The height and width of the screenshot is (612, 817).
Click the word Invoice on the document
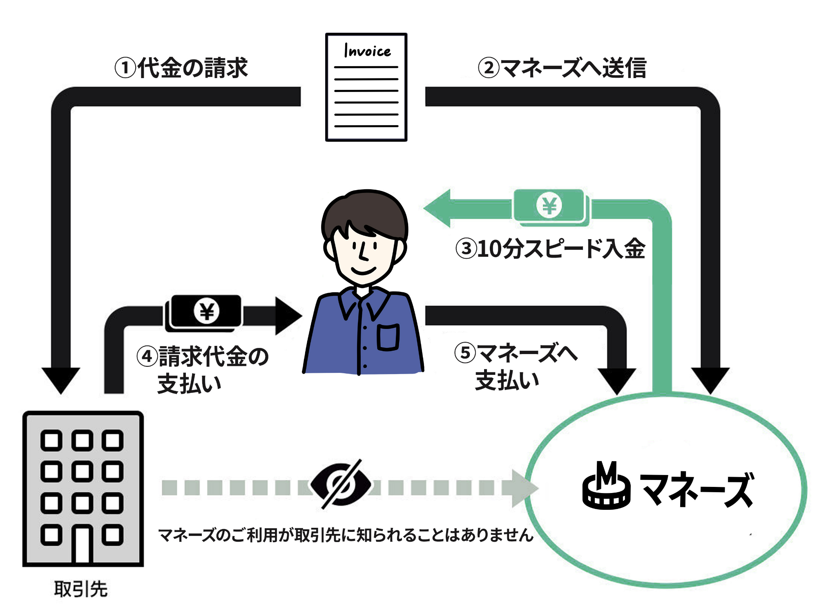point(367,51)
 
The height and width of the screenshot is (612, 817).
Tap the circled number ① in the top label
point(125,68)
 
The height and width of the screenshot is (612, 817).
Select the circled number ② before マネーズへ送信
point(489,68)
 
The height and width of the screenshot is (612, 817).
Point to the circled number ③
point(466,248)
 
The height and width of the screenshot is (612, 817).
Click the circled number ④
point(147,356)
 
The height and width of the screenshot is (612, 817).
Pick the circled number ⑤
point(465,352)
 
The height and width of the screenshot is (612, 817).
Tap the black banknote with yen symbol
point(206,312)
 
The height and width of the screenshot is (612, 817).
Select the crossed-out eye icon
point(341,484)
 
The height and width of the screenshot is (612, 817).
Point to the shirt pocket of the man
point(388,337)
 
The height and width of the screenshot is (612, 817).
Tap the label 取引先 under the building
point(81,589)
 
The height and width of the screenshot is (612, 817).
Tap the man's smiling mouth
point(363,271)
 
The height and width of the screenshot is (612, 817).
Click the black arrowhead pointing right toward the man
point(288,316)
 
